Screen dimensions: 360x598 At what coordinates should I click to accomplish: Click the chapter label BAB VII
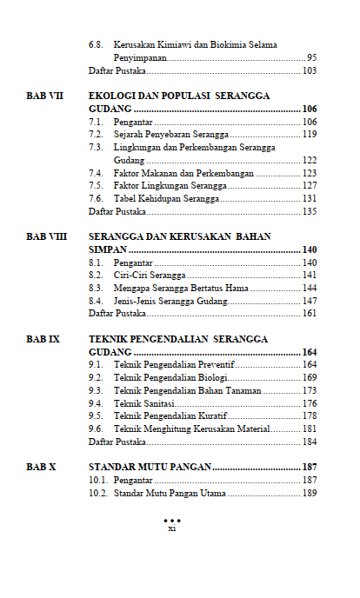pyautogui.click(x=45, y=96)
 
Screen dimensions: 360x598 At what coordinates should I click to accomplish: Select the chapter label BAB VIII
pyautogui.click(x=47, y=236)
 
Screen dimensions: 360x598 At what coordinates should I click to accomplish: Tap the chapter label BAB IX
pyautogui.click(x=43, y=339)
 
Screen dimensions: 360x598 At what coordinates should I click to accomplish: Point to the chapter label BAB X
pyautogui.click(x=41, y=467)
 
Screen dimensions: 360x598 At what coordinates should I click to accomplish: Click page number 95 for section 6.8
pyautogui.click(x=311, y=57)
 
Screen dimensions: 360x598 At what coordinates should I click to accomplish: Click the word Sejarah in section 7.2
pyautogui.click(x=130, y=135)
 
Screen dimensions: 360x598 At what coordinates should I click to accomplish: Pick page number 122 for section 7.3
pyautogui.click(x=310, y=161)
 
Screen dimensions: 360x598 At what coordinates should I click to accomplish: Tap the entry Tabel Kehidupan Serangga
pyautogui.click(x=166, y=199)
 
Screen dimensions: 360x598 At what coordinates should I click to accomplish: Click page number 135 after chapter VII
pyautogui.click(x=310, y=211)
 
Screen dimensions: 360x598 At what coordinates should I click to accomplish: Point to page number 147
pyautogui.click(x=310, y=301)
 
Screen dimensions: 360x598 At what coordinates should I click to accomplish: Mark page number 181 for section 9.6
pyautogui.click(x=310, y=429)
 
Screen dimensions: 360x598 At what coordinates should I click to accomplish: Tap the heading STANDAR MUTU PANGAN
pyautogui.click(x=150, y=467)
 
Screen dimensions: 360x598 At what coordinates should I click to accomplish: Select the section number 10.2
pyautogui.click(x=98, y=493)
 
